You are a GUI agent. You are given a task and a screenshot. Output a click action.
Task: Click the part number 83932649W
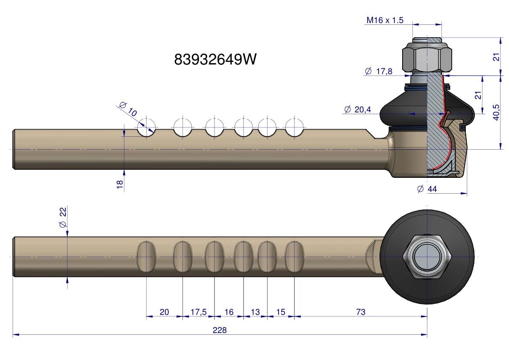coord(215,59)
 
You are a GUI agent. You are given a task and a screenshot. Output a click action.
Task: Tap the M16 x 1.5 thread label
coord(385,20)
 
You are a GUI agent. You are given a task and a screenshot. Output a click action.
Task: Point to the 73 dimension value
coord(361,312)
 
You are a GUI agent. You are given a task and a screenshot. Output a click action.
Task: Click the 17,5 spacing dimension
coord(198,312)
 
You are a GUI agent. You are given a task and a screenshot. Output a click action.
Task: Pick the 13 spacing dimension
coord(255,312)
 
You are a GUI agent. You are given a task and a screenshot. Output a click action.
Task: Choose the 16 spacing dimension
coord(229,312)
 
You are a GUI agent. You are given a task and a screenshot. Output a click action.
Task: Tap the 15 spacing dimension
coord(280,312)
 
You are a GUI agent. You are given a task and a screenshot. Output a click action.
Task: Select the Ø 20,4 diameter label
coord(357,109)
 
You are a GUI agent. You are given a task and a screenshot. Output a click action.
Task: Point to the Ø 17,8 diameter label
coord(378,71)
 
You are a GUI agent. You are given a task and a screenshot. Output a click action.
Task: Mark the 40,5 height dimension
coord(496,112)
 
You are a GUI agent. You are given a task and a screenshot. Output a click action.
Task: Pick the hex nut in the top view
coord(427,257)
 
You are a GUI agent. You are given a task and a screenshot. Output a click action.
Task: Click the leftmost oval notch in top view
coord(147,256)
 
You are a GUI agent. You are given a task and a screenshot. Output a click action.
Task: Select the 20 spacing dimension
coord(164,312)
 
